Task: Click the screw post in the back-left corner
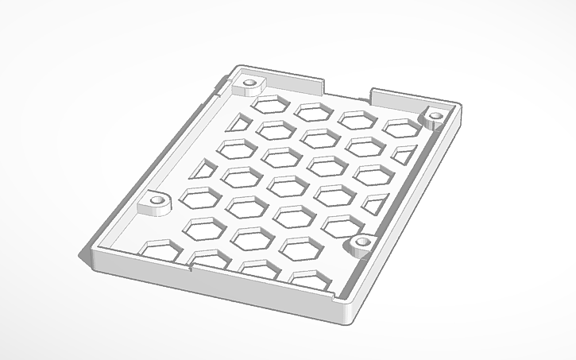pos(251,83)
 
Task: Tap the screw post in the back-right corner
pos(435,117)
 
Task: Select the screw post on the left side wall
pos(156,202)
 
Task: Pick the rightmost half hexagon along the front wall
pos(310,278)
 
